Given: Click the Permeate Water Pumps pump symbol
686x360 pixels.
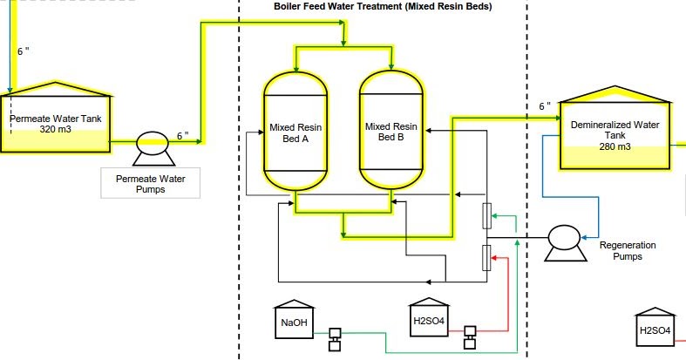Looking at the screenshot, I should coord(153,145).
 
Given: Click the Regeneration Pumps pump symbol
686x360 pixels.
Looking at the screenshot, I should coord(562,238).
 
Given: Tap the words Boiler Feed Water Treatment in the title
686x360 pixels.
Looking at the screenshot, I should coord(336,7).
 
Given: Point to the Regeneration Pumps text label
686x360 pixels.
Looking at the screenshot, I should coord(628,251).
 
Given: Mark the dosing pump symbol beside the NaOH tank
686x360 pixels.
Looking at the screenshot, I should coord(333,338).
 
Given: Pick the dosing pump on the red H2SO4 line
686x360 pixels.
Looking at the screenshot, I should coord(470,336).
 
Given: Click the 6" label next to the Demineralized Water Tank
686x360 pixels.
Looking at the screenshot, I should coord(544,106).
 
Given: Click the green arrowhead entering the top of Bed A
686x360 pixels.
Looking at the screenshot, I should coord(296,66).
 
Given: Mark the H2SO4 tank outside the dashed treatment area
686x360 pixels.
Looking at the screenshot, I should coord(655,328).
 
